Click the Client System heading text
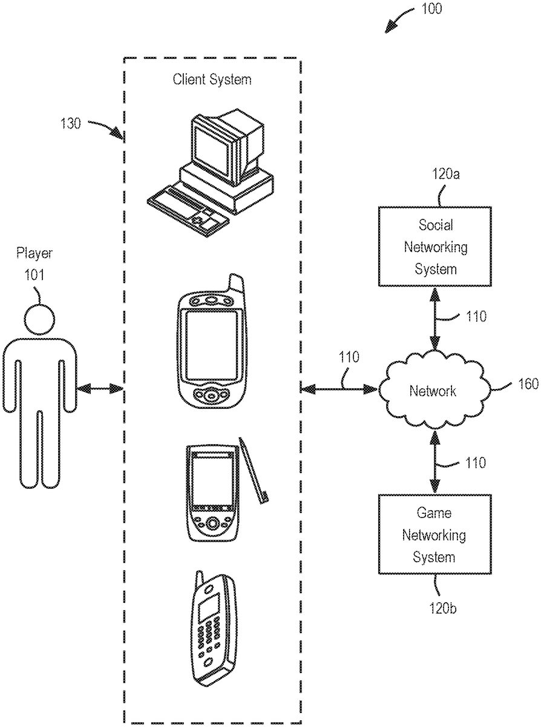click(212, 79)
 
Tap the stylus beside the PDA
click(254, 470)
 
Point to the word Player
click(34, 252)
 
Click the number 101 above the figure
click(35, 274)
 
